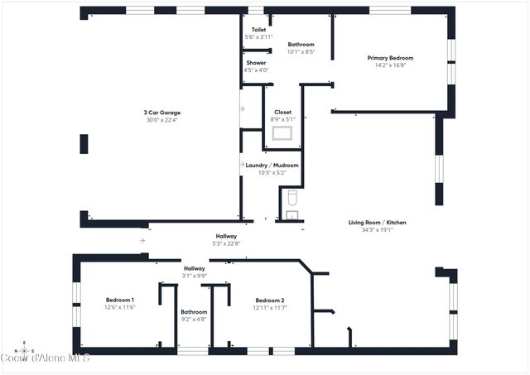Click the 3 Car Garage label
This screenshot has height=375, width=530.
[162, 113]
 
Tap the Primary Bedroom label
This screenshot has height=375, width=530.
[390, 58]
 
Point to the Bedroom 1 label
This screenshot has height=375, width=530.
[120, 300]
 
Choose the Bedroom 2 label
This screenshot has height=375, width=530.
[270, 300]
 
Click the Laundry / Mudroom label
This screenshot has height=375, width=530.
[272, 166]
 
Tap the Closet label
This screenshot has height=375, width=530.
[283, 112]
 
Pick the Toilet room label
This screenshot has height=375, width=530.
[258, 30]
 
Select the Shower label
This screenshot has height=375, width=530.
[256, 63]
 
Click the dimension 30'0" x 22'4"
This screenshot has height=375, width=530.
[162, 120]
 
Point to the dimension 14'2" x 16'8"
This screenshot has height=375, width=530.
[390, 65]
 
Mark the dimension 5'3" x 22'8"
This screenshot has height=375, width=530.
[225, 243]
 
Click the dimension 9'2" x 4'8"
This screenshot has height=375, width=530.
[194, 319]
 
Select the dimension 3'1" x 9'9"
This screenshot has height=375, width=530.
[195, 276]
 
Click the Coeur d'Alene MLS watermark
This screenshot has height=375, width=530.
[45, 358]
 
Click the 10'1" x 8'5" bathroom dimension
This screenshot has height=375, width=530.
[301, 51]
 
